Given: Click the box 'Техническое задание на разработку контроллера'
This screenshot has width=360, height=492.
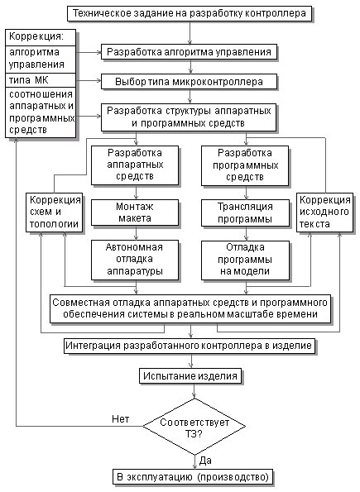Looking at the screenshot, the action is tap(190, 13).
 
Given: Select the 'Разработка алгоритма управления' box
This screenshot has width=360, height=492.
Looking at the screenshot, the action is tap(189, 52).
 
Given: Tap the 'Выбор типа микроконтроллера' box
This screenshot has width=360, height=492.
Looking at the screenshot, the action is tap(189, 82).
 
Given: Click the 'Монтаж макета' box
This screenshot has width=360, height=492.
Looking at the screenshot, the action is tap(135, 213).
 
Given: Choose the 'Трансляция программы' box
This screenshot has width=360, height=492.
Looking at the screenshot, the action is tap(245, 213).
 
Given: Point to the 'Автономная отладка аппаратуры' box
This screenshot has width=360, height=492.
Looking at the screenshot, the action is tap(135, 260).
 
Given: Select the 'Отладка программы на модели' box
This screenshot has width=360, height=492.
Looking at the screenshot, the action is tap(245, 260).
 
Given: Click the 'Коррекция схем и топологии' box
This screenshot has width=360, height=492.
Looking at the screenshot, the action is tap(55, 213).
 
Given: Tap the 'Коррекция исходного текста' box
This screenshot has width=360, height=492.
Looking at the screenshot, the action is tap(324, 213).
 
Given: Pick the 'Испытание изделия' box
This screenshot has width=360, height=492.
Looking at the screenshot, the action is tap(190, 375).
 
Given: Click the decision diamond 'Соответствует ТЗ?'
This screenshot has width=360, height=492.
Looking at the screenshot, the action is tap(194, 426).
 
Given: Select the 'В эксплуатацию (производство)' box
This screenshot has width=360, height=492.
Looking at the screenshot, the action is tap(193, 477).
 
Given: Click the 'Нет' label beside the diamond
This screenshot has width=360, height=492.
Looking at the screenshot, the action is tap(120, 419).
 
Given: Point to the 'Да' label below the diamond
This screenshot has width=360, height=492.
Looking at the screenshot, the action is tap(205, 461).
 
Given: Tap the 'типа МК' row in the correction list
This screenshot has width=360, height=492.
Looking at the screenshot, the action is tap(41, 80).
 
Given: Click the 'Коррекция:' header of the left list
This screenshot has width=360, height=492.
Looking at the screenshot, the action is tap(41, 37).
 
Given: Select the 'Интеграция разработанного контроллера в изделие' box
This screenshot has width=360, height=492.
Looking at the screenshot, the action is tap(190, 346).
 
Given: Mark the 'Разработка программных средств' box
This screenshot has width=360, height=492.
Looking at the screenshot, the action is tap(245, 165).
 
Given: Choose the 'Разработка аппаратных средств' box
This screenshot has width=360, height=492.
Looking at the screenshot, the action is tap(135, 165).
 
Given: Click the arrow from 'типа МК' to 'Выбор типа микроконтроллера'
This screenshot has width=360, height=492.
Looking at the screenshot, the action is tap(89, 81).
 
